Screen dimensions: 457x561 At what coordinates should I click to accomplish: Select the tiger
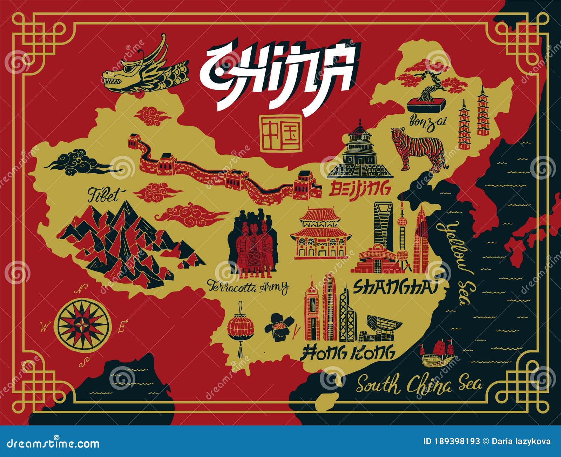(419, 149)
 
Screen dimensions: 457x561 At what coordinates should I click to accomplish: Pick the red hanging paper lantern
(240, 328)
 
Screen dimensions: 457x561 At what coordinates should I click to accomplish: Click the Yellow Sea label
(456, 263)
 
